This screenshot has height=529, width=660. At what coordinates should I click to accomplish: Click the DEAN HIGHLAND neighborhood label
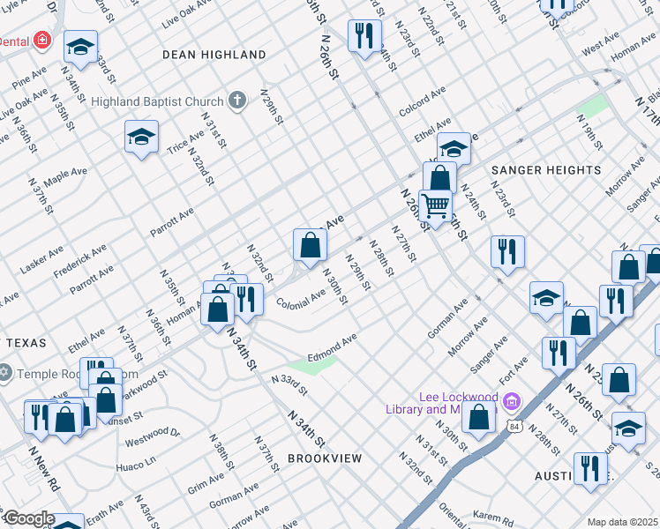[x=214, y=55]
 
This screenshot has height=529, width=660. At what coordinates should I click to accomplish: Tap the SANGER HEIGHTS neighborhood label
[x=546, y=169]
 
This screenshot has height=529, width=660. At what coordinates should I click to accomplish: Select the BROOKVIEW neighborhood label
[x=325, y=458]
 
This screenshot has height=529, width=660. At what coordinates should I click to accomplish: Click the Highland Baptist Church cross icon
[x=236, y=101]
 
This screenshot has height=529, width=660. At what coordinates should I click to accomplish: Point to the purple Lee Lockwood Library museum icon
[x=510, y=402]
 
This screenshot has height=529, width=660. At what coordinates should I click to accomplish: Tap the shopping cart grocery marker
[x=435, y=205]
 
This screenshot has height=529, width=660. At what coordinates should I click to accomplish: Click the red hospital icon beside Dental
[x=41, y=41]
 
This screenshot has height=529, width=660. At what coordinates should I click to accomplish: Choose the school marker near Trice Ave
[x=141, y=137]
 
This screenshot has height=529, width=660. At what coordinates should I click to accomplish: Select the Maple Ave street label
[x=65, y=178]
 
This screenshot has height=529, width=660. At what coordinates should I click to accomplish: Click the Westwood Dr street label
[x=152, y=434]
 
